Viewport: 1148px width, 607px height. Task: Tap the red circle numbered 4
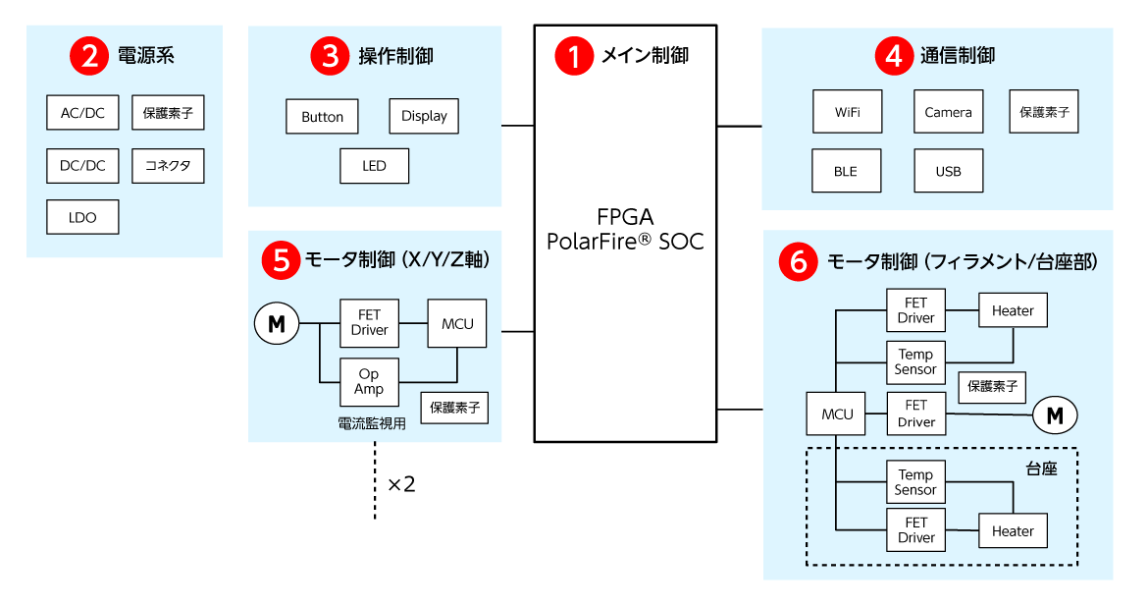tap(894, 56)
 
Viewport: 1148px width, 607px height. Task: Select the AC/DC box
tap(82, 113)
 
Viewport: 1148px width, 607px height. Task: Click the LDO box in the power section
tap(82, 217)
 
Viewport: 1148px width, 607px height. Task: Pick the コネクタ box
tap(168, 165)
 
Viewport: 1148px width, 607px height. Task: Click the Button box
tap(322, 117)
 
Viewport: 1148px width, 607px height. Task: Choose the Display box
tap(424, 116)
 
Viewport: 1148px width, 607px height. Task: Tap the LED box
tap(374, 166)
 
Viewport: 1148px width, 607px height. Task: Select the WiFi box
tap(848, 112)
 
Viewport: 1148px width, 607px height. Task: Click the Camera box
tap(948, 112)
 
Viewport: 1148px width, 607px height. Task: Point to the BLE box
tap(845, 171)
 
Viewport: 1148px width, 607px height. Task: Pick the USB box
tap(948, 171)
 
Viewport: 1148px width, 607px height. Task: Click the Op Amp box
tap(369, 382)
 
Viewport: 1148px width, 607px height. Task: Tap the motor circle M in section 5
tap(277, 323)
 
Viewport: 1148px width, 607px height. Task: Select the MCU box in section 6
tap(837, 414)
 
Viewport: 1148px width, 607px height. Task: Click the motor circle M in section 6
tap(1055, 415)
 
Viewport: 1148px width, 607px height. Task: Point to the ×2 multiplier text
tap(401, 484)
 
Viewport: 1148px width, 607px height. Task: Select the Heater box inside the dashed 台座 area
tap(1013, 531)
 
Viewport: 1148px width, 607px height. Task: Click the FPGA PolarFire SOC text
tap(625, 229)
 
